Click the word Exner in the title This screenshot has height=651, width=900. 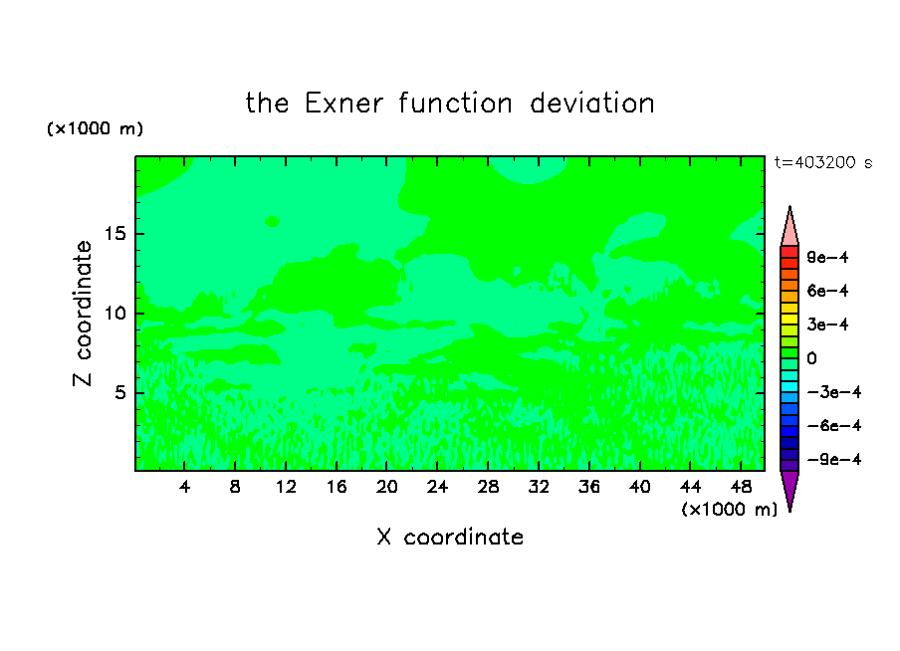(x=343, y=104)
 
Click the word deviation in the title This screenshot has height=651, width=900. (x=591, y=104)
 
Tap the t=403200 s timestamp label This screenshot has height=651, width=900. (x=823, y=162)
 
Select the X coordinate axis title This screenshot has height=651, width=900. (x=450, y=537)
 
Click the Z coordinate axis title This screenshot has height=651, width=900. (x=82, y=313)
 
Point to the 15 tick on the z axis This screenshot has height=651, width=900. (x=115, y=234)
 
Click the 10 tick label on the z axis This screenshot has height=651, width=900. (x=115, y=313)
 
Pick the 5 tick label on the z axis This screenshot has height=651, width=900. (x=120, y=392)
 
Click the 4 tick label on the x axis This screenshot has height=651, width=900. (x=184, y=487)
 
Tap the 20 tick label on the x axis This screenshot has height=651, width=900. (x=387, y=487)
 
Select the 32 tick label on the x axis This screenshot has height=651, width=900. (x=539, y=487)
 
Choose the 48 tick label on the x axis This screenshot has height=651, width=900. (x=741, y=487)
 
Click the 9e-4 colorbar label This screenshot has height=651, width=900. (x=827, y=257)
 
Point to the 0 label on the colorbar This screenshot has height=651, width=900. (x=811, y=358)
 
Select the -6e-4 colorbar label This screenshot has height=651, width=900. (x=834, y=426)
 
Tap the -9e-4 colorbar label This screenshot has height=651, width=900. (x=834, y=459)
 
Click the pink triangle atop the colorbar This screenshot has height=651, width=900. (x=789, y=231)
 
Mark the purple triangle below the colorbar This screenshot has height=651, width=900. (x=789, y=487)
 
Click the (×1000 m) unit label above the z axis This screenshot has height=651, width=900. (x=95, y=128)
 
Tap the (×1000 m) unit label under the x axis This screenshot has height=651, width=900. (x=729, y=510)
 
